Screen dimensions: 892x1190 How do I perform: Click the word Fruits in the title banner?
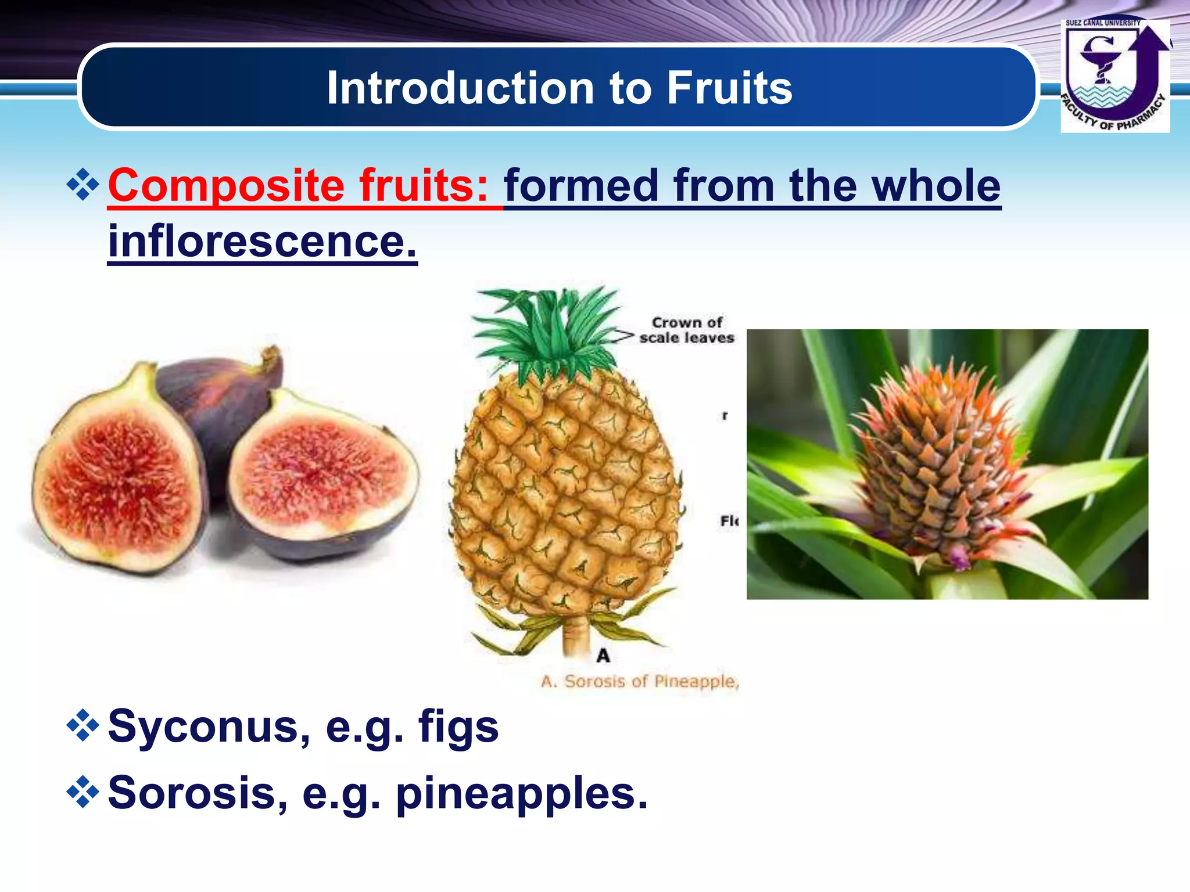[x=729, y=88]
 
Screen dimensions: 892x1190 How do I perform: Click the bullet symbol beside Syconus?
[x=83, y=725]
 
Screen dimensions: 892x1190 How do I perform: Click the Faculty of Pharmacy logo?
[x=1114, y=75]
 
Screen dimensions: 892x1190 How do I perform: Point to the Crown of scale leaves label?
[x=687, y=330]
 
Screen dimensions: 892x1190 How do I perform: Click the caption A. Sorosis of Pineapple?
[x=639, y=681]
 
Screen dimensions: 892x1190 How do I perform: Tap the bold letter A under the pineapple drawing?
[x=603, y=656]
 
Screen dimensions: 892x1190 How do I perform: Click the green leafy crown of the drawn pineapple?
[x=546, y=331]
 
